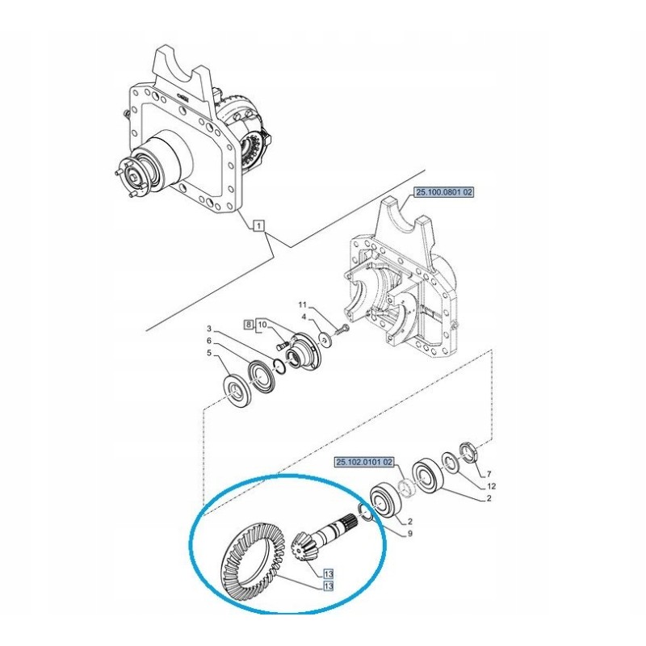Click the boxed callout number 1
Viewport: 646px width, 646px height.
[x=258, y=226]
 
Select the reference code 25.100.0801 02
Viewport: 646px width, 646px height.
[x=444, y=193]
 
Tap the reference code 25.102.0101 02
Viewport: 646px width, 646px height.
[x=365, y=462]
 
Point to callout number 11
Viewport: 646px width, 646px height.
[x=303, y=305]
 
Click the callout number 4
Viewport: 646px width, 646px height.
[x=303, y=317]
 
